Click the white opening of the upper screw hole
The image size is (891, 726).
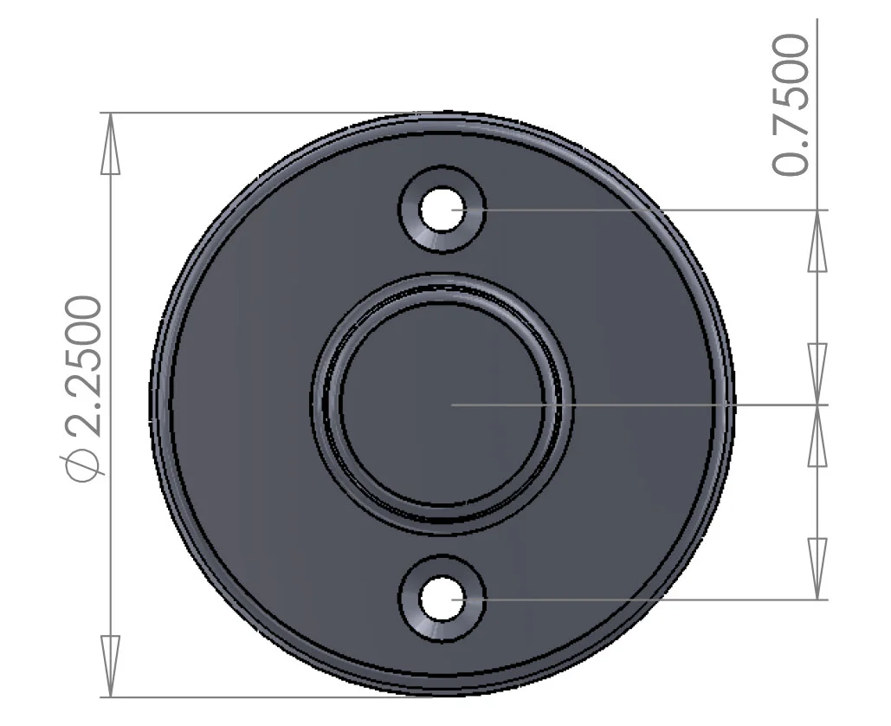pyautogui.click(x=442, y=210)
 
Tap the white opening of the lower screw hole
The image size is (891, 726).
pyautogui.click(x=442, y=599)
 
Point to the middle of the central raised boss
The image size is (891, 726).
pyautogui.click(x=442, y=404)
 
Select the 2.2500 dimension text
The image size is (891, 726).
pyautogui.click(x=85, y=364)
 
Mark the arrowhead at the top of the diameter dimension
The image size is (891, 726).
pyautogui.click(x=110, y=144)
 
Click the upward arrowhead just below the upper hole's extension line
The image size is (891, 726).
pyautogui.click(x=817, y=242)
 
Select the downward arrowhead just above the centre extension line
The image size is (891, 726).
pyautogui.click(x=817, y=373)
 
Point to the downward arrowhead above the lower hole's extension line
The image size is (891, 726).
pyautogui.click(x=817, y=567)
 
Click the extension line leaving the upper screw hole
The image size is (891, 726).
pyautogui.click(x=649, y=210)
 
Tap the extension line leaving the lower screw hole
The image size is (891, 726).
pyautogui.click(x=649, y=599)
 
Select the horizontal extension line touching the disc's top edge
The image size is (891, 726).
pyautogui.click(x=260, y=113)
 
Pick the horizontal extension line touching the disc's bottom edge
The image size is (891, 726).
pyautogui.click(x=260, y=697)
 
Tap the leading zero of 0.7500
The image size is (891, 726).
pyautogui.click(x=792, y=161)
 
